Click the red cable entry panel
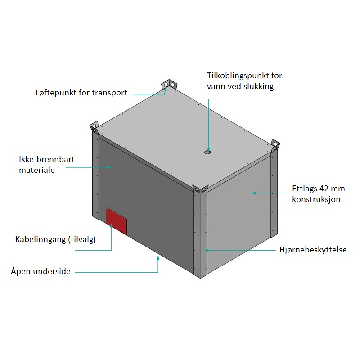point(117,221)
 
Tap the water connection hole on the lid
point(207,152)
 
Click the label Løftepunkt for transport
point(81,93)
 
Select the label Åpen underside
point(40,271)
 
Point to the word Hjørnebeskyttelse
point(313,250)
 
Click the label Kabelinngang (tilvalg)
point(55,239)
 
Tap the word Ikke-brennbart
point(47,159)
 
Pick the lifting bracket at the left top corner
point(94,127)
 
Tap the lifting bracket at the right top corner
point(275,144)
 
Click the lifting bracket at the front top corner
point(200,189)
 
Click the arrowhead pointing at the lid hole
point(209,148)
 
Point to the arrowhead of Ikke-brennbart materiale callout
point(109,167)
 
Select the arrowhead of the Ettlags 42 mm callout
point(254,193)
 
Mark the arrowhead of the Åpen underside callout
point(158,258)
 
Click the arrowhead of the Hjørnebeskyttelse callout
point(207,250)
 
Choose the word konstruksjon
point(316,199)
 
